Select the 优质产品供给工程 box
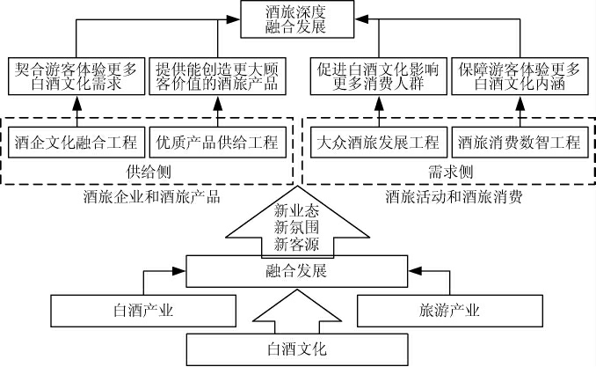[217, 140]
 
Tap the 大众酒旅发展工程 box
[379, 140]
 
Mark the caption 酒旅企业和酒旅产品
[147, 197]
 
